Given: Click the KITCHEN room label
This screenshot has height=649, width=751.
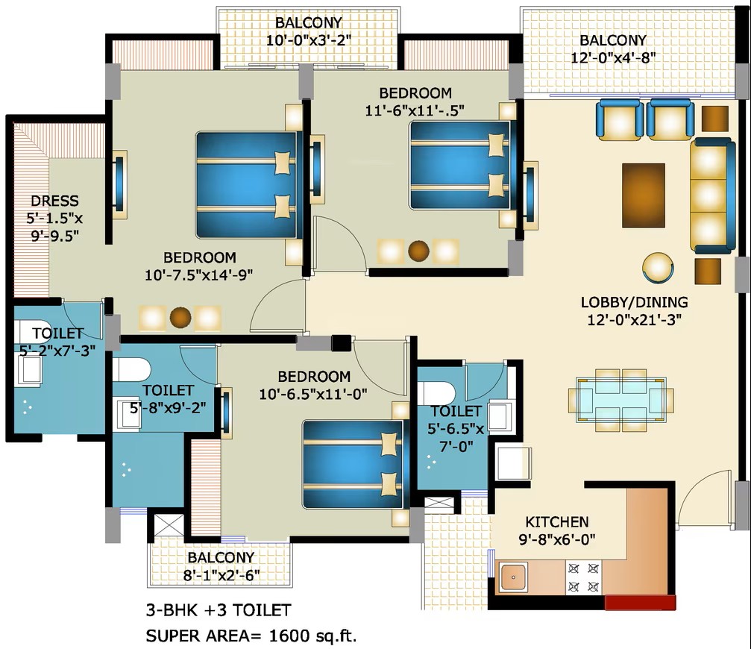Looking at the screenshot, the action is click(557, 521).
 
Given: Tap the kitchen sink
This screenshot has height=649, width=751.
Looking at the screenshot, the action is click(513, 577).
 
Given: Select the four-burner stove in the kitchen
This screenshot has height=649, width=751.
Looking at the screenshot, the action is click(583, 577).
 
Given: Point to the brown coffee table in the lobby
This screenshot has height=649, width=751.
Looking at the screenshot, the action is click(644, 195).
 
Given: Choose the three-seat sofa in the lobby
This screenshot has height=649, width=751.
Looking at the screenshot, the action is click(712, 195).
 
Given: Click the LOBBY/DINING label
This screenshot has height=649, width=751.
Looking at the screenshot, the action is click(634, 302).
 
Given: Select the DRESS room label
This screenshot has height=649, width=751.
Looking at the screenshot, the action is click(54, 201).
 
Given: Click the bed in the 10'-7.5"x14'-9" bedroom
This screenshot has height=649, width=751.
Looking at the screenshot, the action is click(248, 185).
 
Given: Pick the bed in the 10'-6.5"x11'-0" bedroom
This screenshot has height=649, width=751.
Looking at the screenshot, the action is click(354, 465).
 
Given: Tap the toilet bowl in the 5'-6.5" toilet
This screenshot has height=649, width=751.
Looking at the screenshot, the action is click(436, 392).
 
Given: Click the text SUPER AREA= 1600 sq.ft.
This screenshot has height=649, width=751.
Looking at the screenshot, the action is click(251, 636).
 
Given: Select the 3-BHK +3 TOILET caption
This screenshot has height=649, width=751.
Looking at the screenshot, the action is click(219, 610).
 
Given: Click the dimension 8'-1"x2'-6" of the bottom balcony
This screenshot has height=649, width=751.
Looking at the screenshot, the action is click(221, 574).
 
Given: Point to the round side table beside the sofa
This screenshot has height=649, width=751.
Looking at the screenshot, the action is click(658, 267).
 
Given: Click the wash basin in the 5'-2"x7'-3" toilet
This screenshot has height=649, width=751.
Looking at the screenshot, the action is click(29, 371).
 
